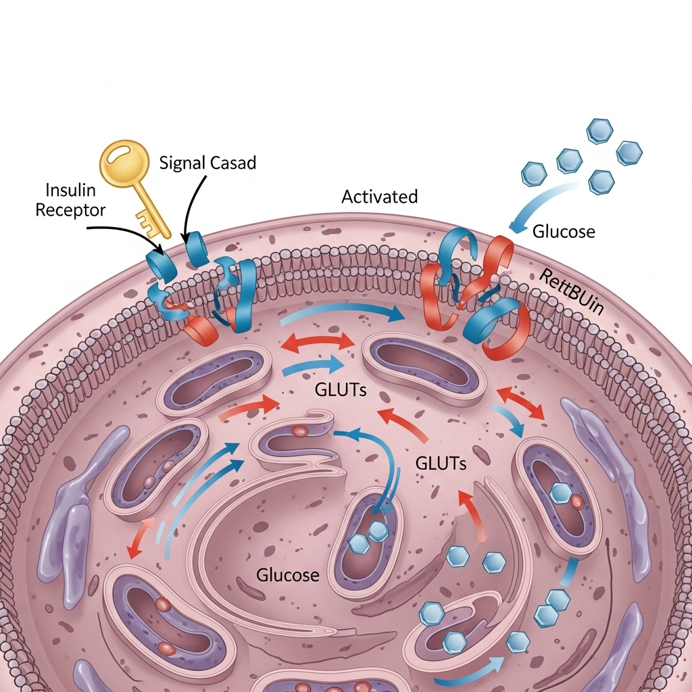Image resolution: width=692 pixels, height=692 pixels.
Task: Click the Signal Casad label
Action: (207, 162)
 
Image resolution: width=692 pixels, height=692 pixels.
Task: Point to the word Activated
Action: (379, 197)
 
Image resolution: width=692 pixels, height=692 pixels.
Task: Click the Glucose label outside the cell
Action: (564, 232)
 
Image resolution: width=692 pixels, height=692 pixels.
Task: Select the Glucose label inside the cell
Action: (287, 575)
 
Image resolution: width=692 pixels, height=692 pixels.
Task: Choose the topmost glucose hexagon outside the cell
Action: (599, 130)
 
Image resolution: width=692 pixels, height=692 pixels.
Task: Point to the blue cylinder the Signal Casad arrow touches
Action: (198, 249)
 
